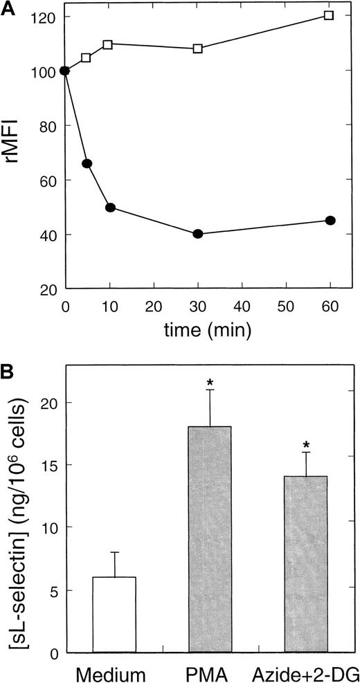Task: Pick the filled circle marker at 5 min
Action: [x=87, y=163]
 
